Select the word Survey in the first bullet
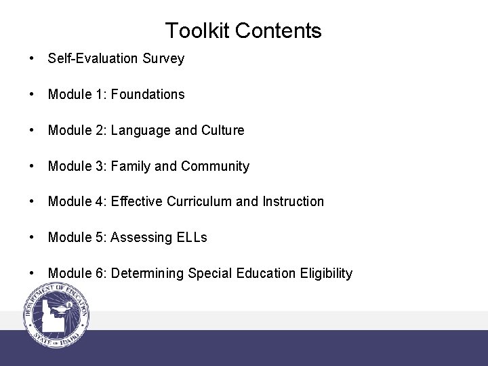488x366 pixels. pos(163,59)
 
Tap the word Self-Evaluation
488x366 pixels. pos(94,59)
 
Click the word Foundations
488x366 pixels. pos(148,95)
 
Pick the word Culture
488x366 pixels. pos(223,130)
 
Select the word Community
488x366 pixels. pos(215,166)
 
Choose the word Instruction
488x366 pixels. pos(293,201)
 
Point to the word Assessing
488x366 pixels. pos(141,237)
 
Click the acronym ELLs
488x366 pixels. pos(192,237)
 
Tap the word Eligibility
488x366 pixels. pos(326,273)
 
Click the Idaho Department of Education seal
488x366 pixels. pos(56,315)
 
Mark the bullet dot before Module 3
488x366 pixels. pos(33,166)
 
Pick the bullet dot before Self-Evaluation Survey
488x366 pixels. pos(33,59)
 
